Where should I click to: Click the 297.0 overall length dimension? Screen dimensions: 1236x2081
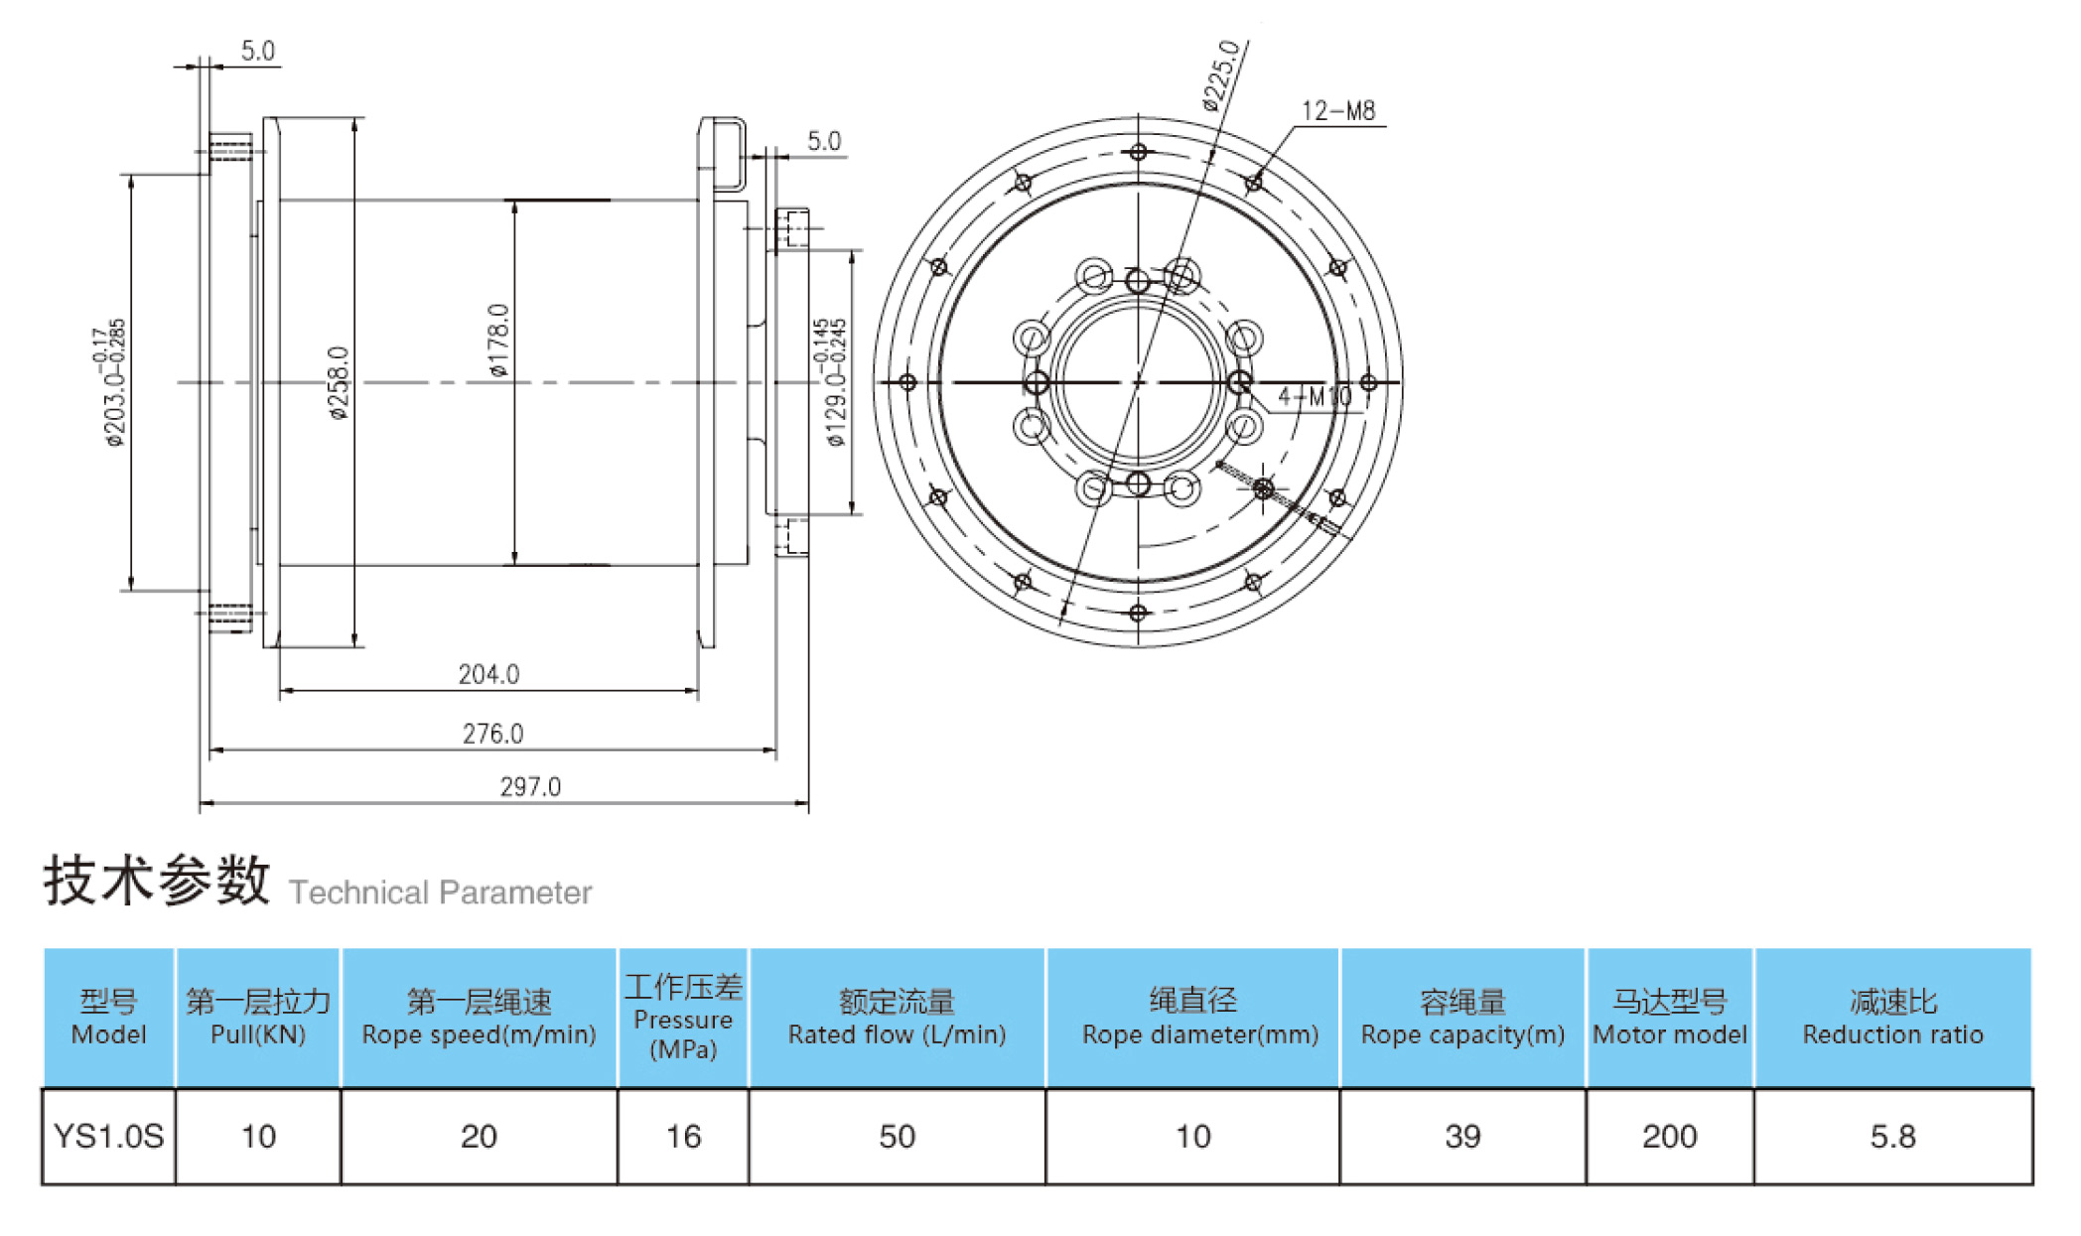530,786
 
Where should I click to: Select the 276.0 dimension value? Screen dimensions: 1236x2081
492,734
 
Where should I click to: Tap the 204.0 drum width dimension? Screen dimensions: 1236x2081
488,674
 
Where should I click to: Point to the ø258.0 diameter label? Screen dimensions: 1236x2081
339,382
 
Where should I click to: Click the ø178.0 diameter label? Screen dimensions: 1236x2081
498,340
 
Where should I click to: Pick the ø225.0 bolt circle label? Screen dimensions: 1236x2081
1220,74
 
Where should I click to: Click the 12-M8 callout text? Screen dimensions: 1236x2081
1338,110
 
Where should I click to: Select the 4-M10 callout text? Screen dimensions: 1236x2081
1315,396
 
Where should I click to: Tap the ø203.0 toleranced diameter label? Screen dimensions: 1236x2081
113,382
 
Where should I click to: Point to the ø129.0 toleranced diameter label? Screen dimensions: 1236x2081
834,382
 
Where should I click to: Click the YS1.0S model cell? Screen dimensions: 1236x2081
108,1136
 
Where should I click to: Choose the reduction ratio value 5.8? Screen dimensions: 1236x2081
1892,1136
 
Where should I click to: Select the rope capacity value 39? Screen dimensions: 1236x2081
1462,1136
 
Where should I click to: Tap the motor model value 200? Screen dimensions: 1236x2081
1669,1136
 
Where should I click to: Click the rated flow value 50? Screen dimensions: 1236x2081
897,1136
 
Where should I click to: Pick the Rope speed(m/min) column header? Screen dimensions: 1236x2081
479,1018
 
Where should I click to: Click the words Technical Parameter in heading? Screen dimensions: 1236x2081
440,893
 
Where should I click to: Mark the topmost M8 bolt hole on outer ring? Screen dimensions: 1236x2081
1138,152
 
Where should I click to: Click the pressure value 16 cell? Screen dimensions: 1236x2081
683,1136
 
